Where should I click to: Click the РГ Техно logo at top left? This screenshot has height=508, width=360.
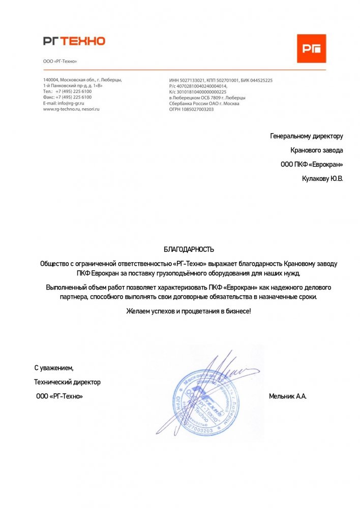click(x=74, y=41)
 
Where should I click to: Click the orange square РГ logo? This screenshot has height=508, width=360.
click(x=311, y=48)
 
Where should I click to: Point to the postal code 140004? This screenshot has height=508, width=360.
click(x=50, y=80)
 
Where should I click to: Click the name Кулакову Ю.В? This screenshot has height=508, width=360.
click(x=322, y=179)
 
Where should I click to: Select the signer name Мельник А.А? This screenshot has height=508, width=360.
click(x=287, y=396)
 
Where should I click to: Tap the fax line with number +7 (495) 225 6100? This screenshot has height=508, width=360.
click(x=67, y=97)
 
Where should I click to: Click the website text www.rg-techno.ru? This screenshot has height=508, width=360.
click(x=59, y=109)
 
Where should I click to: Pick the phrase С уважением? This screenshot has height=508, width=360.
click(x=54, y=367)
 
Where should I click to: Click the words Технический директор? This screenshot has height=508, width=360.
click(x=67, y=382)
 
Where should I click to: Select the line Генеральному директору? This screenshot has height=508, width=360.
click(x=307, y=136)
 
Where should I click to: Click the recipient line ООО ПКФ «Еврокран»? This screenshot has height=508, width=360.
click(x=312, y=165)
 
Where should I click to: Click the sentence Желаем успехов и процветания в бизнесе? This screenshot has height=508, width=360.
click(x=189, y=310)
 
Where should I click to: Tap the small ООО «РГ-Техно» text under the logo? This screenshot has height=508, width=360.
click(x=60, y=61)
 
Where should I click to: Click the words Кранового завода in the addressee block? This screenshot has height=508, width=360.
click(x=316, y=150)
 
